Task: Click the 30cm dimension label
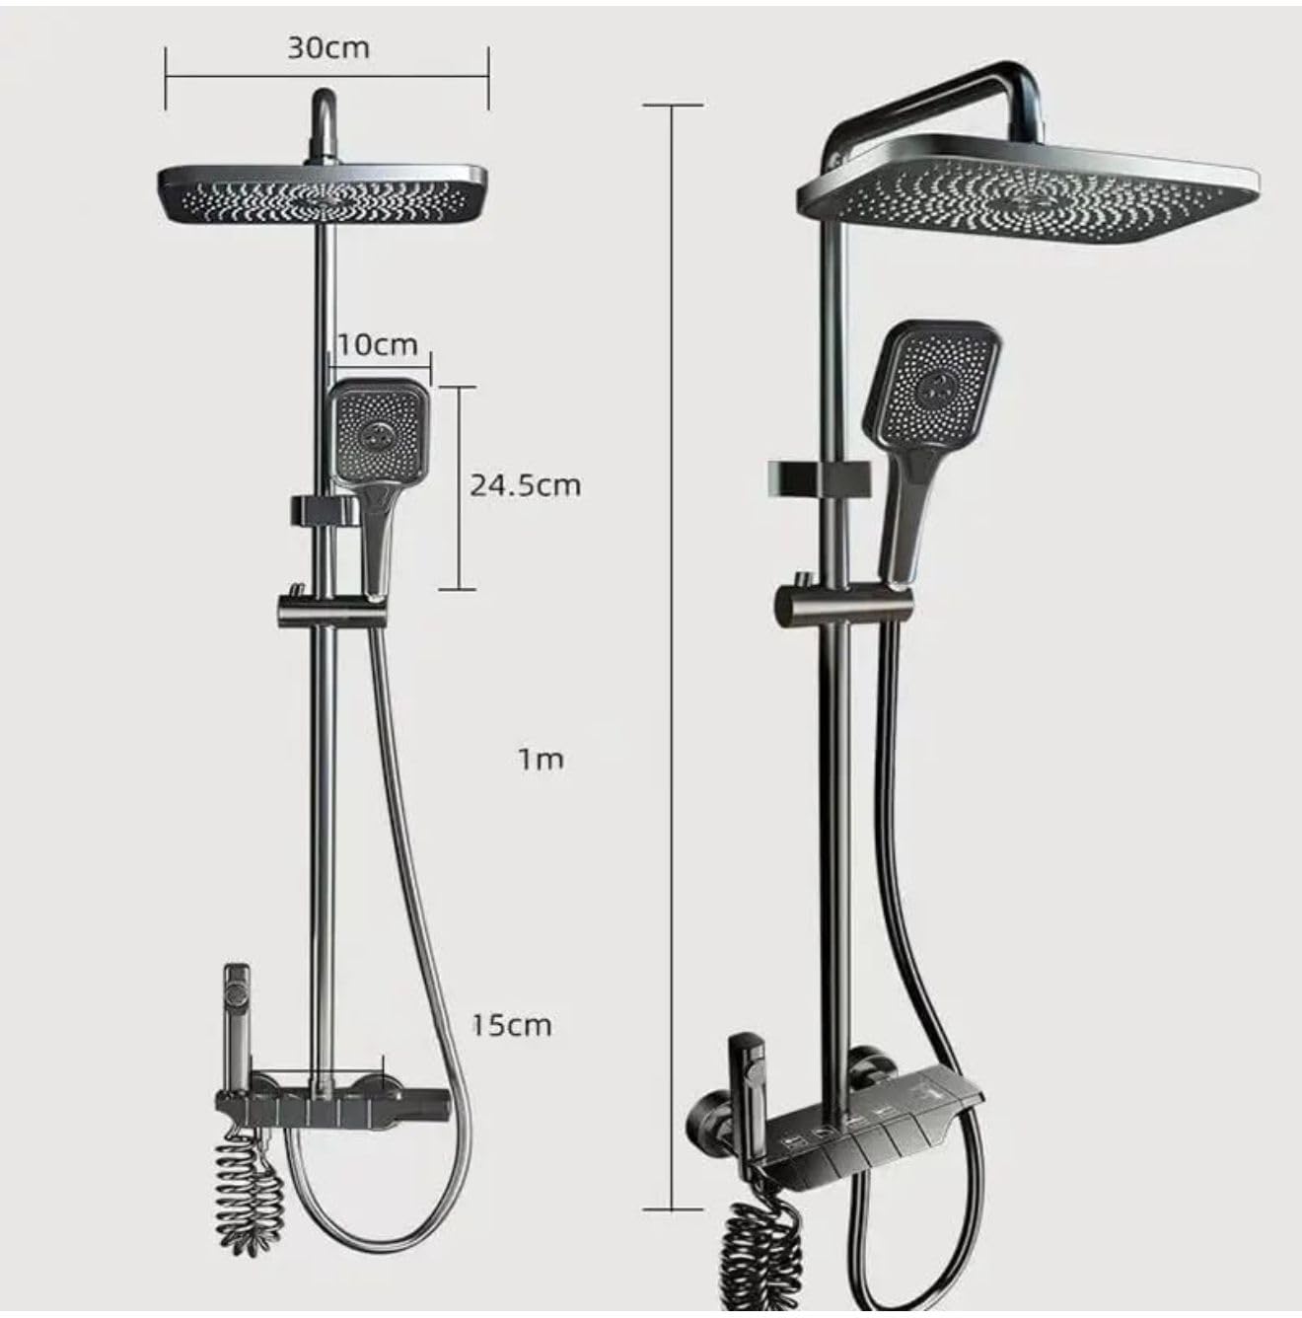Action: click(x=327, y=48)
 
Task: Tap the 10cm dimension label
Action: click(x=377, y=344)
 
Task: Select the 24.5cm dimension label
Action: click(x=525, y=485)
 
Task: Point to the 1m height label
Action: click(x=542, y=760)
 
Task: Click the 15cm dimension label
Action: click(x=512, y=1025)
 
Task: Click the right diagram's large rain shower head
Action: click(x=1030, y=188)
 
